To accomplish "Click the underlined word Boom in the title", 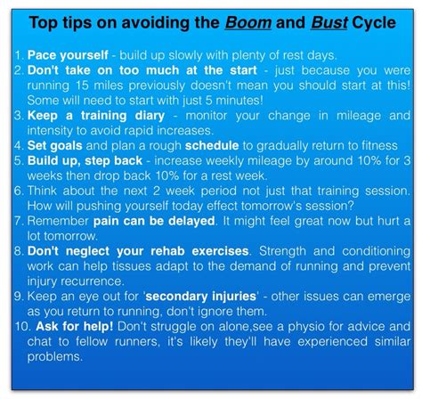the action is (248, 23).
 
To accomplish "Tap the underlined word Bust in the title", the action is (329, 23).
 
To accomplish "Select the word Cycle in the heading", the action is (374, 23).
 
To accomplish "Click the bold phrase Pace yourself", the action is (68, 55).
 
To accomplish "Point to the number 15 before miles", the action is (83, 85).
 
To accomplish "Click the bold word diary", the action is (150, 116).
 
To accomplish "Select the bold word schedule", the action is (212, 146).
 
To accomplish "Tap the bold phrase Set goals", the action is (55, 146).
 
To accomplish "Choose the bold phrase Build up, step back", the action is (85, 161).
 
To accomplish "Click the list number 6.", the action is (19, 191).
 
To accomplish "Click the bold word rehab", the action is (167, 251).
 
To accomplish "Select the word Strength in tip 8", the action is (282, 251).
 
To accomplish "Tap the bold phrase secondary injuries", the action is (201, 297).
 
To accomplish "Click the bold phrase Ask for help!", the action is (75, 327).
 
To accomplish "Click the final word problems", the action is (55, 357).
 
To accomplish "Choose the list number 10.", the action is (23, 327).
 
